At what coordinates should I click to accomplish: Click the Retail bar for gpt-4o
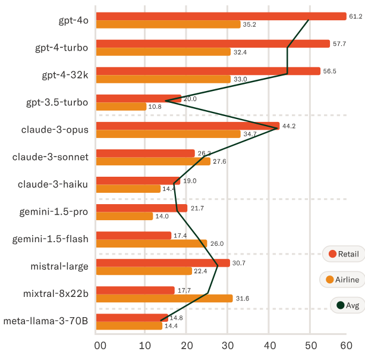pos(221,16)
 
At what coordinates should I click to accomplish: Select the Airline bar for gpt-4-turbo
pos(163,52)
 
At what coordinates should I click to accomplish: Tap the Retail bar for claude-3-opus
pos(188,126)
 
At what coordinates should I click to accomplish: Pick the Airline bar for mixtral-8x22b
pos(164,298)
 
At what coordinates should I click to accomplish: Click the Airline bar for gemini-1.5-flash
pos(152,243)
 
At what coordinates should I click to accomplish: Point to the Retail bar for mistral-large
pos(163,263)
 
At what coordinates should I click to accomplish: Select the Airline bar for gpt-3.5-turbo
pos(121,107)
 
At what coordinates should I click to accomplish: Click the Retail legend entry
pos(344,253)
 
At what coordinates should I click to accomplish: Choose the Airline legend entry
pos(342,280)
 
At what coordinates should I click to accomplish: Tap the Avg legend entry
pos(348,305)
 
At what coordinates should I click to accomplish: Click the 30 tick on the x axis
pos(228,346)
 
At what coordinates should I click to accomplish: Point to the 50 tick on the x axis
pos(311,346)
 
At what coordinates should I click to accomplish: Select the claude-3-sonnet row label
pos(51,157)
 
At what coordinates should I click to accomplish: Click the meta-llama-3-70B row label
pos(46,321)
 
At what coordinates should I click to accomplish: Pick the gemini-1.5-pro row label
pos(54,212)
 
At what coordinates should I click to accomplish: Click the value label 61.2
pos(355,16)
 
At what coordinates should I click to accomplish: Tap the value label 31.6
pos(243,299)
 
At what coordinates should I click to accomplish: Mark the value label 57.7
pos(339,44)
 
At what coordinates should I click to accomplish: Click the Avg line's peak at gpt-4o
pos(309,20)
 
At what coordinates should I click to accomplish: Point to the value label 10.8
pos(155,107)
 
